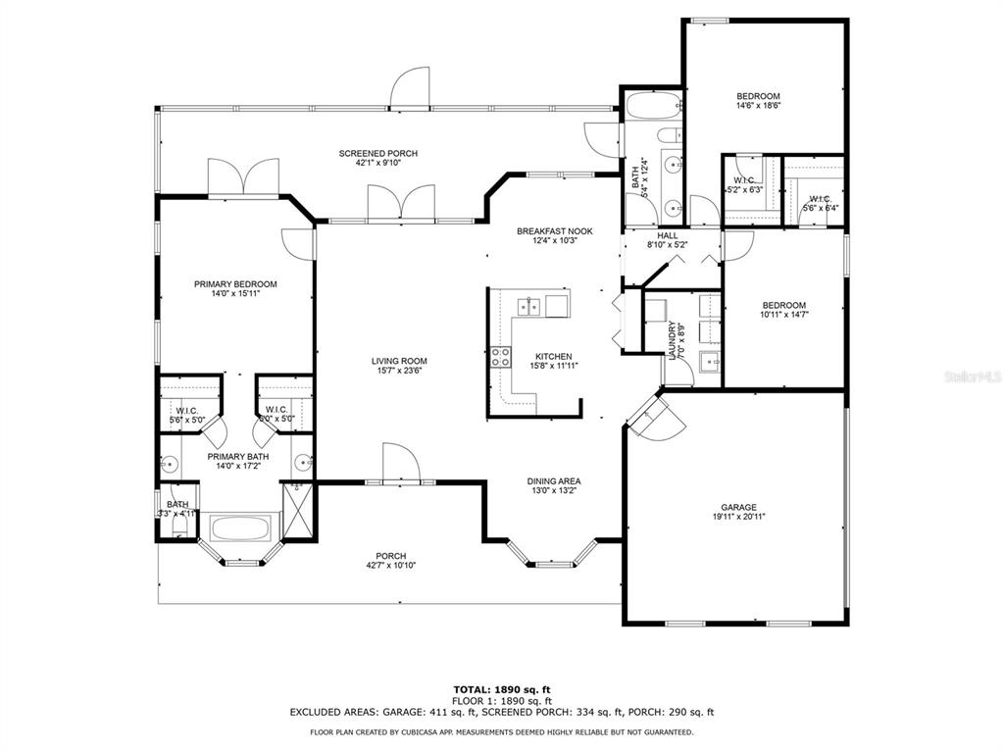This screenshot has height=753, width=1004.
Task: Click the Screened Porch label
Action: click(377, 154)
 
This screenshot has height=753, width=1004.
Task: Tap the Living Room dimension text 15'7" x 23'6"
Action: click(399, 370)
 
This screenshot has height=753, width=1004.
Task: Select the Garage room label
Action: click(738, 507)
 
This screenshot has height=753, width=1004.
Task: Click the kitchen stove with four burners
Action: click(501, 357)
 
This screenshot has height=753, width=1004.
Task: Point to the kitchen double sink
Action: click(528, 306)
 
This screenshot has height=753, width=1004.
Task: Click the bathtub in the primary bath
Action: click(239, 528)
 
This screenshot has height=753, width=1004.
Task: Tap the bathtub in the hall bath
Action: click(653, 106)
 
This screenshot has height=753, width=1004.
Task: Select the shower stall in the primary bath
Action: click(299, 510)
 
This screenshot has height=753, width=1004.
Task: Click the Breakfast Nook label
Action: click(555, 231)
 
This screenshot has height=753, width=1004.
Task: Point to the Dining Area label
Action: click(554, 481)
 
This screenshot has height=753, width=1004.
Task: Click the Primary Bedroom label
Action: click(235, 284)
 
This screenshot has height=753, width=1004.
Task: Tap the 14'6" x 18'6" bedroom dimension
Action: click(758, 106)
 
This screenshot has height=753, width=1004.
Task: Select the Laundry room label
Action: click(673, 340)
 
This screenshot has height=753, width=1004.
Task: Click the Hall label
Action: click(667, 235)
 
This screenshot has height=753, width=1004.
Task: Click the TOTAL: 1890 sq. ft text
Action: click(502, 689)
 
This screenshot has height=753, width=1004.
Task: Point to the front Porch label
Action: click(390, 557)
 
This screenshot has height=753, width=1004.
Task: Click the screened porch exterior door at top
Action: click(410, 86)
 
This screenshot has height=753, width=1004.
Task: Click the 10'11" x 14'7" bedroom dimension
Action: click(783, 315)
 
